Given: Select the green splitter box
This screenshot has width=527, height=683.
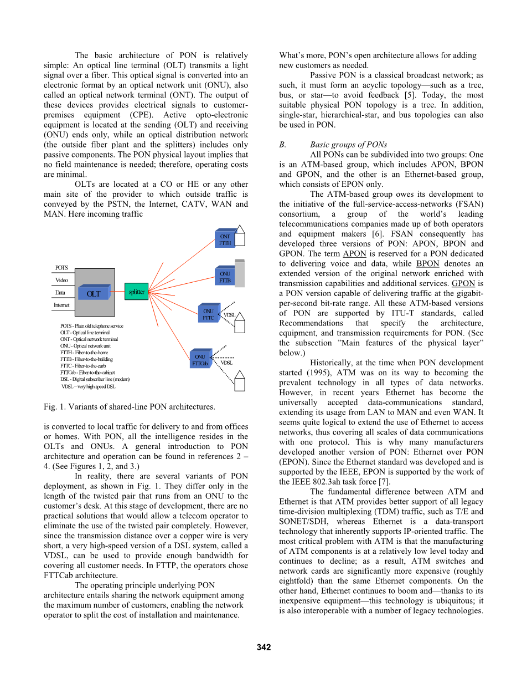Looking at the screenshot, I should coord(136,292).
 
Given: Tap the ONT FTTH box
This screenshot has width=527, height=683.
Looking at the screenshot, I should coord(225,239).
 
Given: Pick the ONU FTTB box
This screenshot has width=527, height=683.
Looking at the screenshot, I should coord(225,277).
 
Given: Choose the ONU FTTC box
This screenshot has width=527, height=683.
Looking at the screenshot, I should coord(208,314).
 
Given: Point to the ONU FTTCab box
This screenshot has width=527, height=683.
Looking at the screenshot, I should coord(200,360).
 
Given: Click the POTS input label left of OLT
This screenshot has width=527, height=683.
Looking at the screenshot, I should coord(61,268).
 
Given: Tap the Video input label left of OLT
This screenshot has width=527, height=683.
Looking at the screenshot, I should coord(61,280).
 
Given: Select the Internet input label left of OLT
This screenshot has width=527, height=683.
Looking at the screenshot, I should coord(61,305).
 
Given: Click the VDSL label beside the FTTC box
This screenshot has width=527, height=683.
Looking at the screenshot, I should coord(229,315).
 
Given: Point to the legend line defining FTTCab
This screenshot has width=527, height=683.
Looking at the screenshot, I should coord(88,373).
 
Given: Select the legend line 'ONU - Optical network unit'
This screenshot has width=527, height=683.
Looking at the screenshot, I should coord(86,346).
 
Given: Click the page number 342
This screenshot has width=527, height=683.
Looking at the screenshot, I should coord(263,648).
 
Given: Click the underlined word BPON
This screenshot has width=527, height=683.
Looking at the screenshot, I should coord(427,264).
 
